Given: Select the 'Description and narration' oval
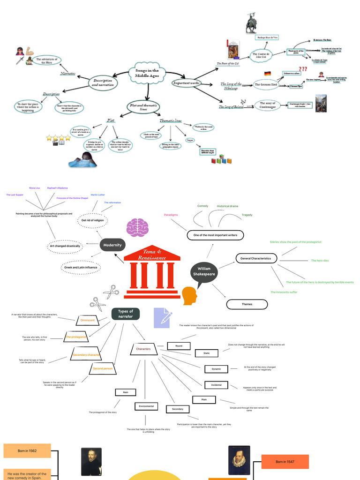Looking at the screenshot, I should click(103, 82).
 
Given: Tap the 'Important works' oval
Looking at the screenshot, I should click(187, 83).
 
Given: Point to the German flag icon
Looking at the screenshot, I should click(267, 74).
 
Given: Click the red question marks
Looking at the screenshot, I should click(302, 69).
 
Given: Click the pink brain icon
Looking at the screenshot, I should click(137, 227).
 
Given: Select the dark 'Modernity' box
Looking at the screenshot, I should click(112, 245).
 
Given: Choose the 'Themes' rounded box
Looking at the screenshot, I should click(247, 304).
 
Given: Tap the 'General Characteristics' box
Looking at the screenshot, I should click(255, 258).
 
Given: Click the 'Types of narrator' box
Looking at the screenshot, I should click(126, 314).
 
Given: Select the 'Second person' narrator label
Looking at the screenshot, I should click(102, 369).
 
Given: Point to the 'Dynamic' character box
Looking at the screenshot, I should click(216, 369).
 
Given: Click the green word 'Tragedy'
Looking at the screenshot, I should click(247, 215).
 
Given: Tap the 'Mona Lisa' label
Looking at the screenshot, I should click(35, 187).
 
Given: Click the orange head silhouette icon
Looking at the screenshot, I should click(189, 295).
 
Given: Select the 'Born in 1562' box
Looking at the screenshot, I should click(27, 450).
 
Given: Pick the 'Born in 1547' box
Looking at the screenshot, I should click(285, 462).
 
